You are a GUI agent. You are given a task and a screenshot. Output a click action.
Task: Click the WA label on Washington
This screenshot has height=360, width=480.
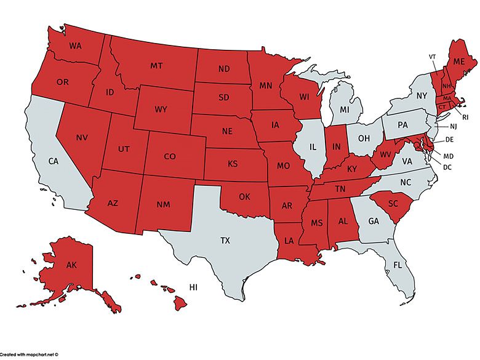76,46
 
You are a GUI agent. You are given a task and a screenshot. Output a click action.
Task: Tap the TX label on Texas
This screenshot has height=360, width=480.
225,241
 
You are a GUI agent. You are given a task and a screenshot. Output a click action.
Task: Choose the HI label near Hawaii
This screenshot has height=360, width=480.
193,287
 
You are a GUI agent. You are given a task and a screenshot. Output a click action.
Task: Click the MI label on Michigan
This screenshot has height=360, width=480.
345,110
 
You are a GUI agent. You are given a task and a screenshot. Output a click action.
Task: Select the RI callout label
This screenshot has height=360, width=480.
465,116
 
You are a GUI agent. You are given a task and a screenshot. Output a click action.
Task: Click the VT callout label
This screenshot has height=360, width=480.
433,57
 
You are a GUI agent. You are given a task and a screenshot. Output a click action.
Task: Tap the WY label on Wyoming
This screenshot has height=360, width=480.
161,110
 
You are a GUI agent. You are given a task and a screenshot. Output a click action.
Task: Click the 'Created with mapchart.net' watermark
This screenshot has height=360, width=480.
29,355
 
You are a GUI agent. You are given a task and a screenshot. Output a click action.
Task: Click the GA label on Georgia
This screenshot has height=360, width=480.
372,221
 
